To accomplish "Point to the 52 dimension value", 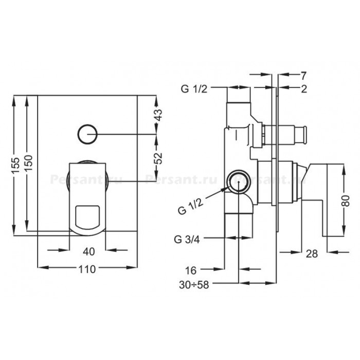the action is tap(158, 158).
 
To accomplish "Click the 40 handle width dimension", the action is tap(88, 251).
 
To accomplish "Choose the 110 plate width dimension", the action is tap(87, 269).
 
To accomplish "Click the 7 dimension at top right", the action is tap(303, 75).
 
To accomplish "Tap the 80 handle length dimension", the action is tap(346, 201).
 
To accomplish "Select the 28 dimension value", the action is tap(312, 254).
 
